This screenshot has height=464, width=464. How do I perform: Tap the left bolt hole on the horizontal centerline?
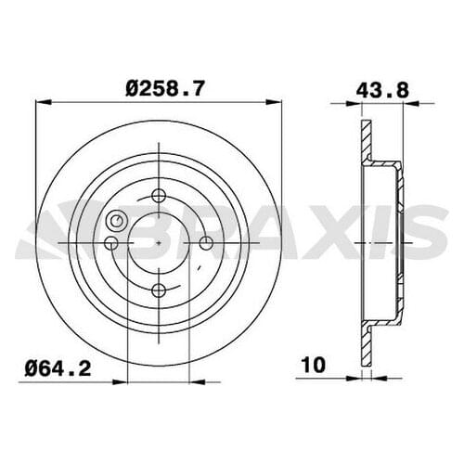pyautogui.click(x=112, y=243)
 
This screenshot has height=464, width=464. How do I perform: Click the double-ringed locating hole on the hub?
pyautogui.click(x=118, y=221)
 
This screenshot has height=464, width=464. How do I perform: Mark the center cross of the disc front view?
pyautogui.click(x=160, y=242)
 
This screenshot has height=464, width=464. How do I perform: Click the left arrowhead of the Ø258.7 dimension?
pyautogui.click(x=40, y=105)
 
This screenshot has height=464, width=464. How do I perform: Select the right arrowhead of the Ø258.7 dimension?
pyautogui.click(x=279, y=105)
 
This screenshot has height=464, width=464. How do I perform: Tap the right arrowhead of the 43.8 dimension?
pyautogui.click(x=400, y=105)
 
